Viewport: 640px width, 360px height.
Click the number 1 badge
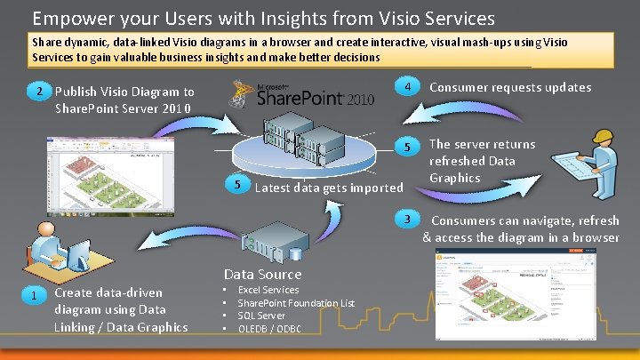[x=33, y=296]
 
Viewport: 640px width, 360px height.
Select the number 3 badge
[x=406, y=220]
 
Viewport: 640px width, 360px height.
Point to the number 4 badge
[x=406, y=88]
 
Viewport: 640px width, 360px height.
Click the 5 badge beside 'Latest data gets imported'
[x=236, y=184]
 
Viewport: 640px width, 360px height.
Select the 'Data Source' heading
[x=262, y=275]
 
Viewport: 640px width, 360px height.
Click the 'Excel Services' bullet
[x=268, y=290]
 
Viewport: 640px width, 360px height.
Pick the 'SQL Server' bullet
[x=261, y=316]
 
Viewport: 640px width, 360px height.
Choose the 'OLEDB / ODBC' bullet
[x=269, y=329]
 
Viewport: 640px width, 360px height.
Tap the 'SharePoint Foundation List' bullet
[x=296, y=303]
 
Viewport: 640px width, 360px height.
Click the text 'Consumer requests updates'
[x=510, y=87]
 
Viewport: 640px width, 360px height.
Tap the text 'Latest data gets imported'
[x=328, y=188]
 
